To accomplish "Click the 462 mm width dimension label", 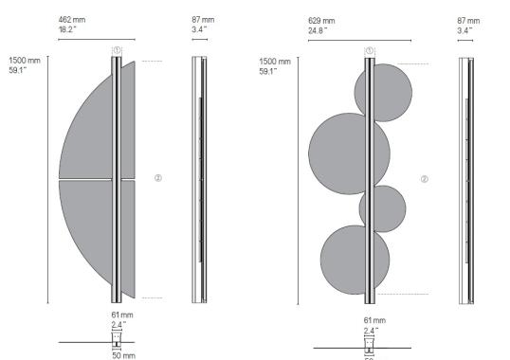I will (73, 19).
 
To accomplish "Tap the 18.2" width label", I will (69, 29).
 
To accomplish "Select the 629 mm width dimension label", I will (321, 19).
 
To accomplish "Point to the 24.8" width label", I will (319, 29).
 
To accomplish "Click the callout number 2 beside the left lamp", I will (158, 178).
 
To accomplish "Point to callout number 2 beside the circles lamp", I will (425, 178).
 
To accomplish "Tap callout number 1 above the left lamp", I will (116, 50).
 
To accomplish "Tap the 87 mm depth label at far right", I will (467, 19).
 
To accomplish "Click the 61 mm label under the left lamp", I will (118, 314).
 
